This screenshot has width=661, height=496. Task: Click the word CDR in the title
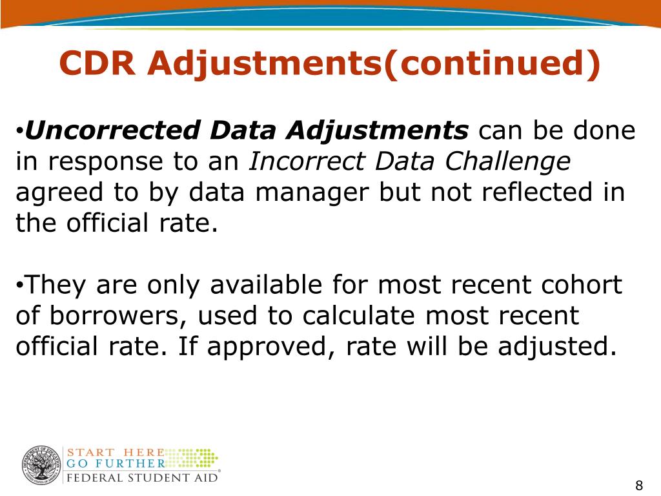(x=97, y=63)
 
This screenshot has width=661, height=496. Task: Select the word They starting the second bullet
(x=51, y=285)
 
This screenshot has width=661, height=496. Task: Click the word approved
(x=268, y=347)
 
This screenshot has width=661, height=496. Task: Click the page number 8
(x=639, y=486)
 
